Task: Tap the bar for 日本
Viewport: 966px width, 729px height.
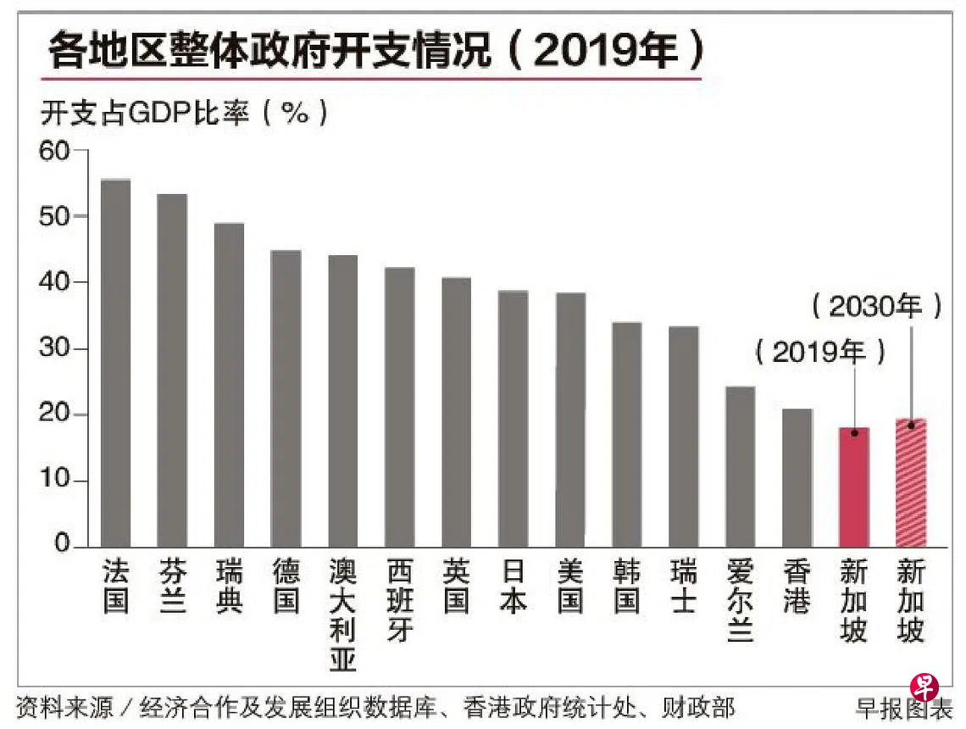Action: [513, 419]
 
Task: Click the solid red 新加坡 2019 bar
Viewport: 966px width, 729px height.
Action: [853, 487]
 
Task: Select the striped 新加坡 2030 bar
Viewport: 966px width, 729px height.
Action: [911, 482]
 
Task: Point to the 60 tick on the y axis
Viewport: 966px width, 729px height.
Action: [57, 151]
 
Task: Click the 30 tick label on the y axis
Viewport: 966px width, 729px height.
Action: [57, 348]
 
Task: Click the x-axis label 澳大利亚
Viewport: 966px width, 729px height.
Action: [342, 615]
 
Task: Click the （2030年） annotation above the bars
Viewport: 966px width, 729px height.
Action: [877, 306]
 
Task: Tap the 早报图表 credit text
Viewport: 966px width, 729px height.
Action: [903, 708]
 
